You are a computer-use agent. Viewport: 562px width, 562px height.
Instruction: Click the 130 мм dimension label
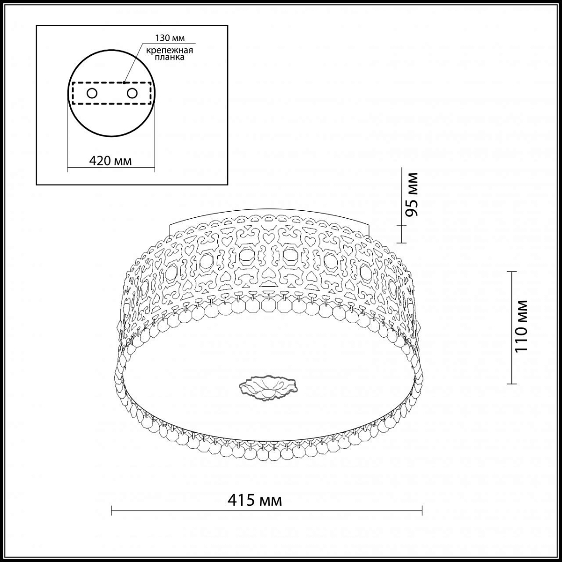pyautogui.click(x=170, y=38)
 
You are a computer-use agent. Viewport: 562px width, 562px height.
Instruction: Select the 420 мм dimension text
pyautogui.click(x=110, y=161)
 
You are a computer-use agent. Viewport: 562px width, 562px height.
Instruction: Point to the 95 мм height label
pyautogui.click(x=412, y=195)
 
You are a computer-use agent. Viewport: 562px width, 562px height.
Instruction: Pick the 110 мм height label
pyautogui.click(x=521, y=325)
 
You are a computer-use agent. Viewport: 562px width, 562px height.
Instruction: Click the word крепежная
pyautogui.click(x=170, y=51)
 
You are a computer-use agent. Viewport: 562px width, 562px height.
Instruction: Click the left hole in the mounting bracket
pyautogui.click(x=92, y=94)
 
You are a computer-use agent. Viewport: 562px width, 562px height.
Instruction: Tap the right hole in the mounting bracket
pyautogui.click(x=132, y=94)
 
